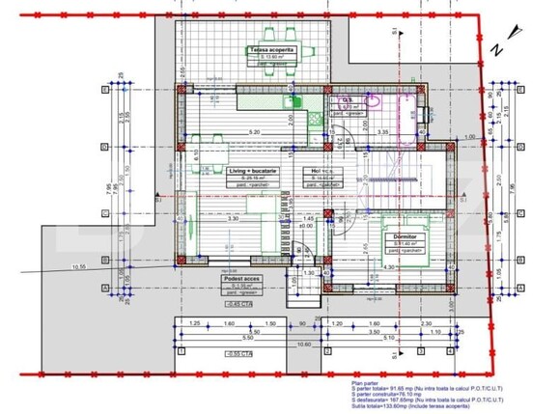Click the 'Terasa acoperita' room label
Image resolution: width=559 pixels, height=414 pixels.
(x=269, y=49)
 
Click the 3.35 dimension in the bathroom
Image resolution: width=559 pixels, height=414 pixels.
(x=383, y=132)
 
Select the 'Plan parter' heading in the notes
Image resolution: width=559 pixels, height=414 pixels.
(x=368, y=382)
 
